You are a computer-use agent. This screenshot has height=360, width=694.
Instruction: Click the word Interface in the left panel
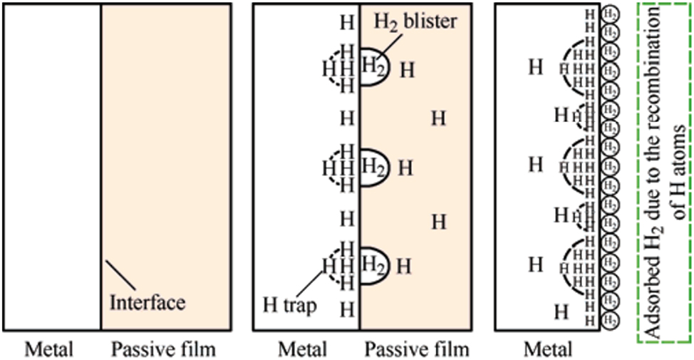pyautogui.click(x=147, y=302)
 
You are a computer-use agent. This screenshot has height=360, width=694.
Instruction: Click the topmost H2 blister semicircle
pyautogui.click(x=373, y=68)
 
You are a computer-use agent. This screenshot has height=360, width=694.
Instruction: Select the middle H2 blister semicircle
pyautogui.click(x=373, y=168)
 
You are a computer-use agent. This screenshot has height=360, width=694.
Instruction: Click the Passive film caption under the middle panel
pyautogui.click(x=417, y=349)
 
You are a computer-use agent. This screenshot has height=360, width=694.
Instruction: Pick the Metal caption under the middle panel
pyautogui.click(x=304, y=349)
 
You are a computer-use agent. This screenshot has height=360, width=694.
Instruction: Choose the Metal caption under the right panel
pyautogui.click(x=547, y=349)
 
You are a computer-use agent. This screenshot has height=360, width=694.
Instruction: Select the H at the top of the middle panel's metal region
pyautogui.click(x=347, y=22)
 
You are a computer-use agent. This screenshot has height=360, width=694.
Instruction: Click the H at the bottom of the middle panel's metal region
pyautogui.click(x=347, y=309)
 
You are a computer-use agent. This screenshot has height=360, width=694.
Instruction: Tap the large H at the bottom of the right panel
pyautogui.click(x=561, y=312)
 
